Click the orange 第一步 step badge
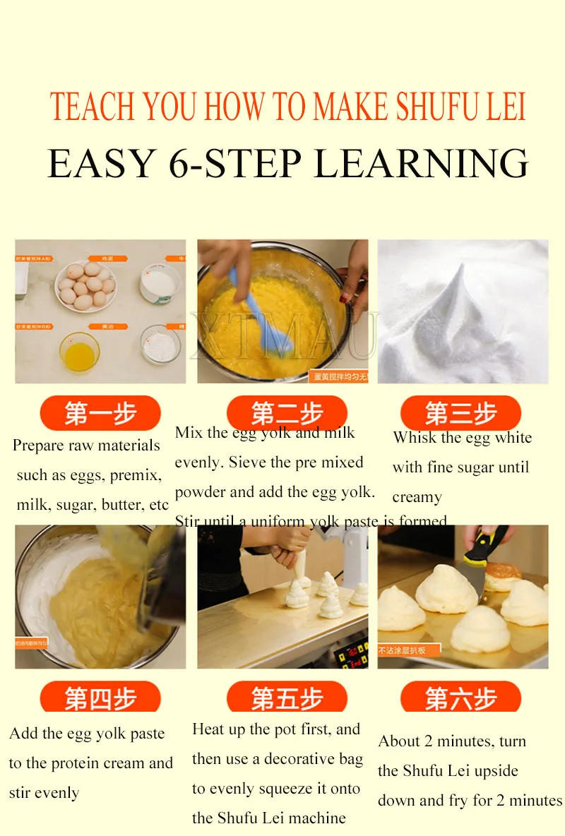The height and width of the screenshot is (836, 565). [100, 413]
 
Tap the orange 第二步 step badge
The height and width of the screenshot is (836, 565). [287, 412]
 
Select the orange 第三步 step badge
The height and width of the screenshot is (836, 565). [460, 413]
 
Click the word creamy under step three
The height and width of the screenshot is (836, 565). [417, 497]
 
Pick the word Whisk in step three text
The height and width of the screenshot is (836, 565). [415, 437]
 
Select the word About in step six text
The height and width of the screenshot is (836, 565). [399, 741]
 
